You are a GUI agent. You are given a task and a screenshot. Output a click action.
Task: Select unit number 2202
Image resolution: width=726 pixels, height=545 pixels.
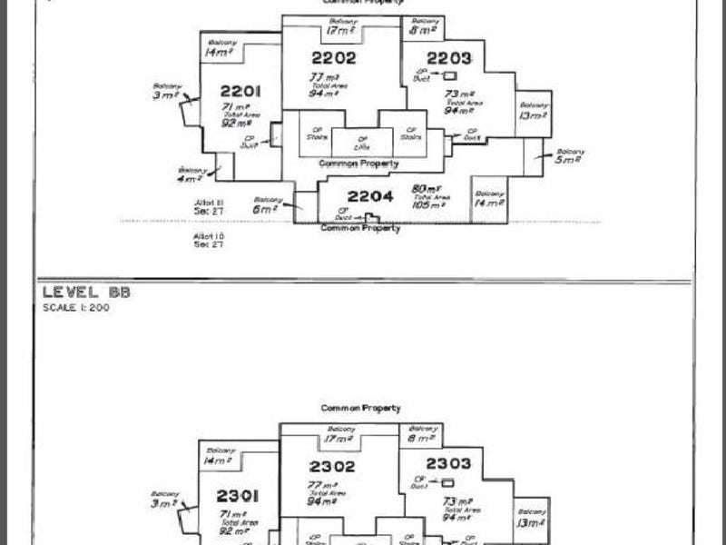click(x=333, y=58)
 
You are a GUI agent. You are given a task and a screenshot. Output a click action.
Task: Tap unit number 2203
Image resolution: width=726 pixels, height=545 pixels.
click(x=449, y=58)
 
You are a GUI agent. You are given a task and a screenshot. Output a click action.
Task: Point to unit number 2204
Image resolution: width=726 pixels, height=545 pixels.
click(x=370, y=196)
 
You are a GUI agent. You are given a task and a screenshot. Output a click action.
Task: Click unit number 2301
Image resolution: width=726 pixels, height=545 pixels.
click(x=238, y=496)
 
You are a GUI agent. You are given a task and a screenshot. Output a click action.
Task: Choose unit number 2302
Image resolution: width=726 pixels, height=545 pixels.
click(x=332, y=466)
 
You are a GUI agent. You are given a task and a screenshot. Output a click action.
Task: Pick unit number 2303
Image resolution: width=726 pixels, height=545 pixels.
click(x=448, y=464)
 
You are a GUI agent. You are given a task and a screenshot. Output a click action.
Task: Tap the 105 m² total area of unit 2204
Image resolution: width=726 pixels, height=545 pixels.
click(x=426, y=205)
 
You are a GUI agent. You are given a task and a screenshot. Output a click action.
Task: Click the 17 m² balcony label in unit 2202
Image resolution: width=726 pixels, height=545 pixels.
click(x=340, y=31)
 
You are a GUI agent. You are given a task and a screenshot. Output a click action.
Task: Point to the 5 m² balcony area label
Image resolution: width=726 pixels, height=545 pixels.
click(x=568, y=159)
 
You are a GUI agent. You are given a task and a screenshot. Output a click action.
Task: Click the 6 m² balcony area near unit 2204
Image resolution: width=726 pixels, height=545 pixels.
click(x=265, y=209)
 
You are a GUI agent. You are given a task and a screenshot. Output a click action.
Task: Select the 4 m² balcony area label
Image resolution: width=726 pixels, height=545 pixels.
click(x=191, y=178)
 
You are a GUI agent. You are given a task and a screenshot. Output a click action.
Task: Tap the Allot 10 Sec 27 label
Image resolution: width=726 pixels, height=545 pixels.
click(x=209, y=240)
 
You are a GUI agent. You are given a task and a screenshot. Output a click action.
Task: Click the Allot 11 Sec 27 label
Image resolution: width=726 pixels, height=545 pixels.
click(x=209, y=206)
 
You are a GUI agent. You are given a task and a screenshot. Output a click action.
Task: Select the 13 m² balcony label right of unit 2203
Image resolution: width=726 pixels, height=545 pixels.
click(x=533, y=115)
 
